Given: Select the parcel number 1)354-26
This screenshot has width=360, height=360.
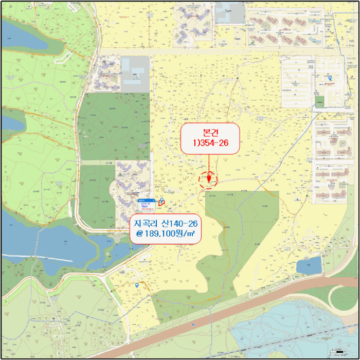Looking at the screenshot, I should [x=209, y=143].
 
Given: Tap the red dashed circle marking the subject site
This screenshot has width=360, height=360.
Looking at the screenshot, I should [x=208, y=179].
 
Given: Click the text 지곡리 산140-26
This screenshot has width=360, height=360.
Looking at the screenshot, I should [x=167, y=224].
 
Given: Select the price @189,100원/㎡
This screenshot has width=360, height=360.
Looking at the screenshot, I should [x=167, y=235].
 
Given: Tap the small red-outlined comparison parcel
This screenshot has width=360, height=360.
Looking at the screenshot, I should [x=160, y=204].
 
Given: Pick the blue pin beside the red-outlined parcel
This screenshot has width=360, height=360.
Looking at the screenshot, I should [x=162, y=201].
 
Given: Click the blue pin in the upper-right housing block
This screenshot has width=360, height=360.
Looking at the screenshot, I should [x=330, y=78].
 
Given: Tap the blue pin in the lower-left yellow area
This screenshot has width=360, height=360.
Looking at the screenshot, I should [x=137, y=285].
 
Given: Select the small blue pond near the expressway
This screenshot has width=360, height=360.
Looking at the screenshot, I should [x=309, y=266].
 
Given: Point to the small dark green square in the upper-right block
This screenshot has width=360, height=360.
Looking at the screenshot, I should [x=320, y=102].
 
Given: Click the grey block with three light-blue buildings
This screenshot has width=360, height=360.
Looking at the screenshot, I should [x=135, y=69].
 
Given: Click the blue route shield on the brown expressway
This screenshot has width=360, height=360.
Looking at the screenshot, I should [x=193, y=325].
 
